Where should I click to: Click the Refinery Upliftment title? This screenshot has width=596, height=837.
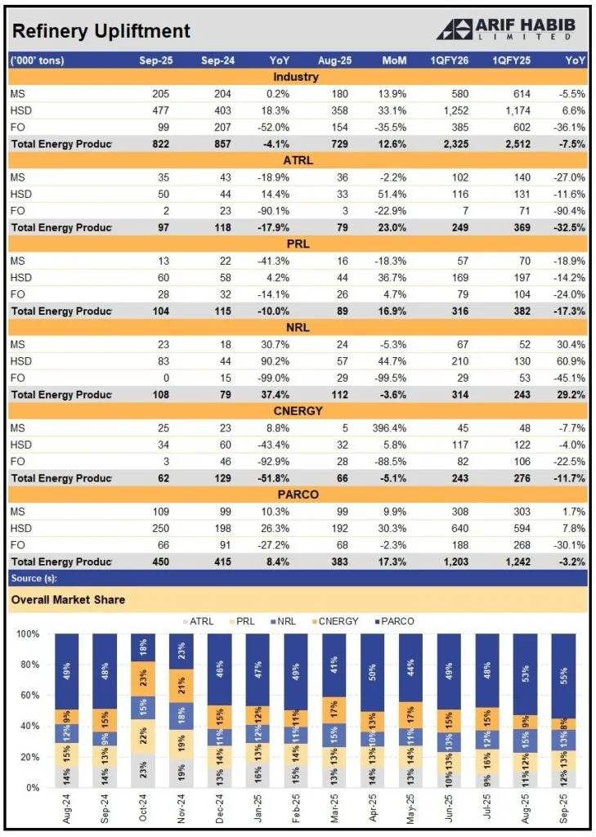point(101,32)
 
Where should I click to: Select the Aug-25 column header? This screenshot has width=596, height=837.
point(333,60)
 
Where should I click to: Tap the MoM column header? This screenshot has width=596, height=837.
point(393,60)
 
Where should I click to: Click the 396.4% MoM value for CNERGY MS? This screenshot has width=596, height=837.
point(388,427)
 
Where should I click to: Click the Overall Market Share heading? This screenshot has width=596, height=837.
point(68,600)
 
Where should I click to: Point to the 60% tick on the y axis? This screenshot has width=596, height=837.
point(27,696)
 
